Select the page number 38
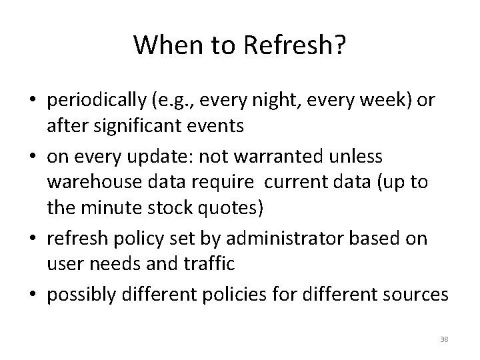(445, 339)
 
